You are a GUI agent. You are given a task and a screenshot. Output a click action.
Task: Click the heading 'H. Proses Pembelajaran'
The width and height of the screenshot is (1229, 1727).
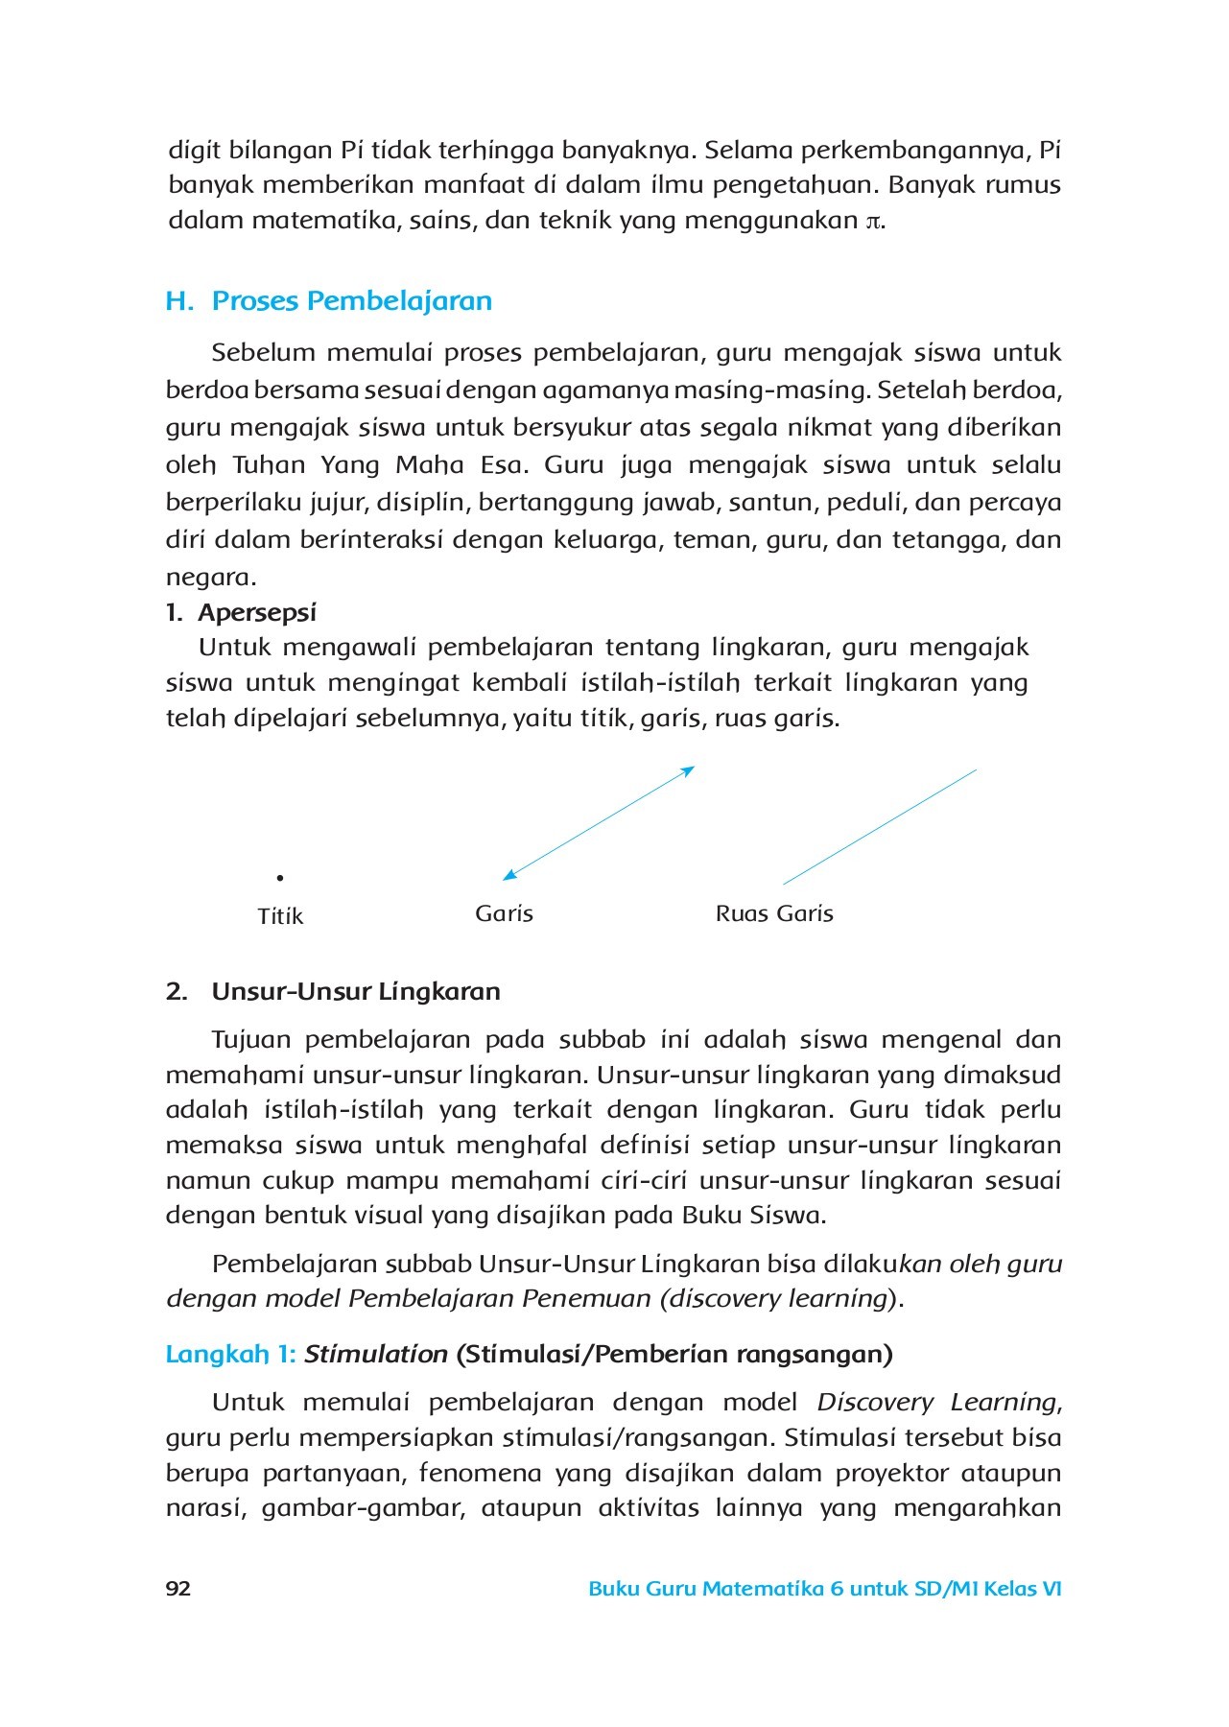pos(329,301)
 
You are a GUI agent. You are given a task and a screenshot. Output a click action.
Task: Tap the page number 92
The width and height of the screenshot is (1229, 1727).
pos(178,1589)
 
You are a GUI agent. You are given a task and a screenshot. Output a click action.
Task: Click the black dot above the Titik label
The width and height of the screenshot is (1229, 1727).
pos(279,878)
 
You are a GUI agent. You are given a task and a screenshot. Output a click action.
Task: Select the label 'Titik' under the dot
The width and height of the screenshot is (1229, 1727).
pos(280,916)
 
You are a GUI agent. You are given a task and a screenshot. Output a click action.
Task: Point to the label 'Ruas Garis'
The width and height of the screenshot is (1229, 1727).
pos(774,913)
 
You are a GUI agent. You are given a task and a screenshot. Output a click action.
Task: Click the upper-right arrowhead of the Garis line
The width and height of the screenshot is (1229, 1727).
pos(687,770)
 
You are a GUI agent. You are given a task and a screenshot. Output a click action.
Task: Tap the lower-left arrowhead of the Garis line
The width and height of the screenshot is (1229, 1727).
pos(509,874)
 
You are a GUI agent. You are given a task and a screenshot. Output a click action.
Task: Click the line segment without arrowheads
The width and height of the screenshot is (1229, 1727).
pos(879,826)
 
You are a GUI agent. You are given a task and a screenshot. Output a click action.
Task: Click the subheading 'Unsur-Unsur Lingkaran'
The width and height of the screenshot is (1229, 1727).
pos(356,991)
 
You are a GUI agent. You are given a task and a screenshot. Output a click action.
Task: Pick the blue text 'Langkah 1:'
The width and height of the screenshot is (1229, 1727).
pos(231,1354)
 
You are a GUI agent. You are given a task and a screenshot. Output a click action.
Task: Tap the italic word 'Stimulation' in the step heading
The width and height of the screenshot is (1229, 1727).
pos(376,1354)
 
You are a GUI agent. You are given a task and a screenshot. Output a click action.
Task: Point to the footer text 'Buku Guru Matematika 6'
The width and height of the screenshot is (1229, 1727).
pos(716,1589)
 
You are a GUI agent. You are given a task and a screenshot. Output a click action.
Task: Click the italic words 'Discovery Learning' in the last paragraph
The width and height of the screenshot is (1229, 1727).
pos(937,1402)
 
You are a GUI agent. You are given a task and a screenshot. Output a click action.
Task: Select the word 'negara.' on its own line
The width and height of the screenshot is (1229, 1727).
pos(211,578)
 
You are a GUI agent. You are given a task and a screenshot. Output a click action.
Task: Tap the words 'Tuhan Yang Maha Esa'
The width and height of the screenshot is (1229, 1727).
pos(379,465)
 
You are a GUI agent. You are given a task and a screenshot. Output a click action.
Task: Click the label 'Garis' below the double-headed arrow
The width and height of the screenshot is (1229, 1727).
pos(504,913)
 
